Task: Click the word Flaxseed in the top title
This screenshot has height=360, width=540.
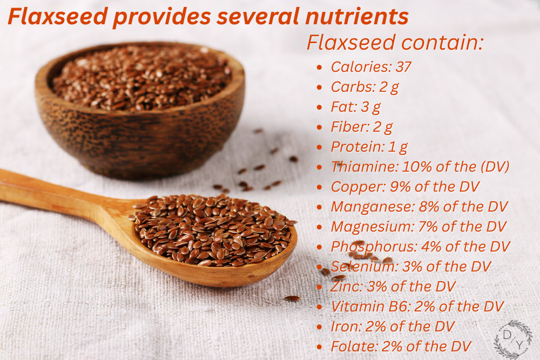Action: [58, 16]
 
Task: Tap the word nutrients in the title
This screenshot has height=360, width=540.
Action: [357, 16]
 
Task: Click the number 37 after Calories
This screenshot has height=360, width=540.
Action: [403, 67]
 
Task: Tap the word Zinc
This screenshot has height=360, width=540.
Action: [347, 287]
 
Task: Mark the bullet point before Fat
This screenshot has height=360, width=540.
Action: [319, 107]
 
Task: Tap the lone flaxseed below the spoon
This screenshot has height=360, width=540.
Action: [292, 298]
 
